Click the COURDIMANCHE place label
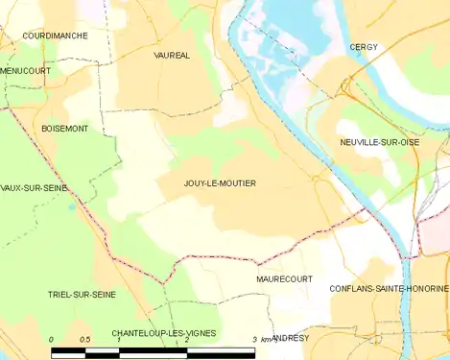click(x=57, y=36)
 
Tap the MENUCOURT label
click(x=26, y=70)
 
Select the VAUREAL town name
click(x=172, y=56)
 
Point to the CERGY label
click(x=364, y=46)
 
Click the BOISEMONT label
click(x=65, y=128)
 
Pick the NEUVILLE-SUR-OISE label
click(x=380, y=142)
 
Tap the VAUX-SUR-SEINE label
click(x=35, y=188)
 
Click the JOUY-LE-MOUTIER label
click(x=220, y=182)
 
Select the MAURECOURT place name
click(x=285, y=278)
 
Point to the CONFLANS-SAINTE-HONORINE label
click(x=389, y=288)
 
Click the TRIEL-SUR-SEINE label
click(x=82, y=295)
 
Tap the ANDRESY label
click(x=290, y=338)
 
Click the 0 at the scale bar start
click(x=51, y=340)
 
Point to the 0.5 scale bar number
click(x=84, y=340)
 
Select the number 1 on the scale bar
click(x=118, y=340)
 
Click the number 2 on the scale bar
click(x=186, y=340)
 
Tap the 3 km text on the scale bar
click(x=259, y=340)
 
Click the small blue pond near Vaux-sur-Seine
click(x=72, y=204)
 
